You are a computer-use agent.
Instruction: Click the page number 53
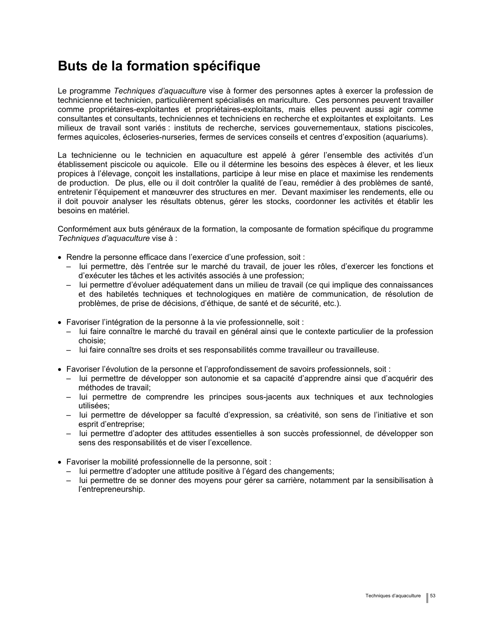click(433, 596)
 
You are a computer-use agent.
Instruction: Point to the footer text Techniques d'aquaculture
click(393, 596)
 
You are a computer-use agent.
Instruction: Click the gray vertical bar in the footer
click(427, 598)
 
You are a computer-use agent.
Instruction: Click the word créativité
click(298, 415)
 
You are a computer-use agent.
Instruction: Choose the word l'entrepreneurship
click(112, 490)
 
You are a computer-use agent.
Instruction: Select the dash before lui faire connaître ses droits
click(69, 350)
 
